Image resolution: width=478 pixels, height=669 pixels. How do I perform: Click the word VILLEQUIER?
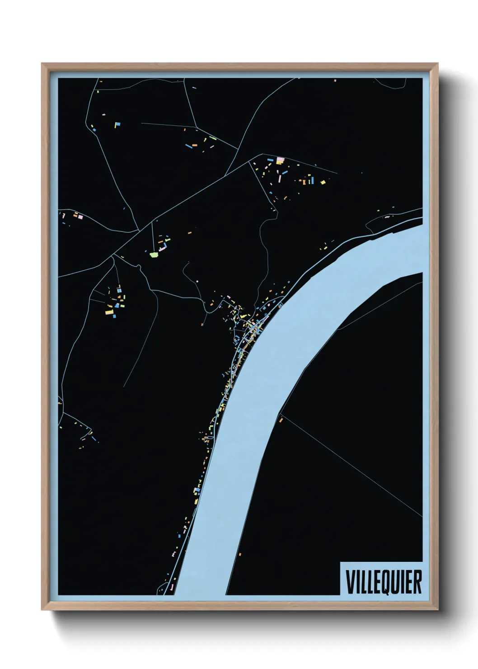(384, 582)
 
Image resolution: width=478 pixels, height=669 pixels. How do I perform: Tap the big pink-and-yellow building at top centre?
(280, 160)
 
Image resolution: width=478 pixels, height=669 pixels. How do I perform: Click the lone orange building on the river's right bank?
(281, 420)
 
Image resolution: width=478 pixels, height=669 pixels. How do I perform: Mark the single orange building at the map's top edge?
(335, 80)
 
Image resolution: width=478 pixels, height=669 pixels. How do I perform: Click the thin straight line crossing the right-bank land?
(352, 466)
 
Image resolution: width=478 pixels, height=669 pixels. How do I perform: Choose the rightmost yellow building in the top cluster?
(323, 182)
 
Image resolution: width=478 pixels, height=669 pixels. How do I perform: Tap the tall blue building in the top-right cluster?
(312, 180)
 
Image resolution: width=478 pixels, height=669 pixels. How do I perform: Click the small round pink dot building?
(197, 281)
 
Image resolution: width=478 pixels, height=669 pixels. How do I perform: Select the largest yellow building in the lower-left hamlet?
(109, 311)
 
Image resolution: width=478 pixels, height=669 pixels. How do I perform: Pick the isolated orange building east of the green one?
(190, 233)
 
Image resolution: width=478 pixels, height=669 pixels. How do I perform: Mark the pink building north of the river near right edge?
(387, 217)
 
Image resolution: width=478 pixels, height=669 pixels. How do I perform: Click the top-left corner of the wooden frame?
(42, 64)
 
